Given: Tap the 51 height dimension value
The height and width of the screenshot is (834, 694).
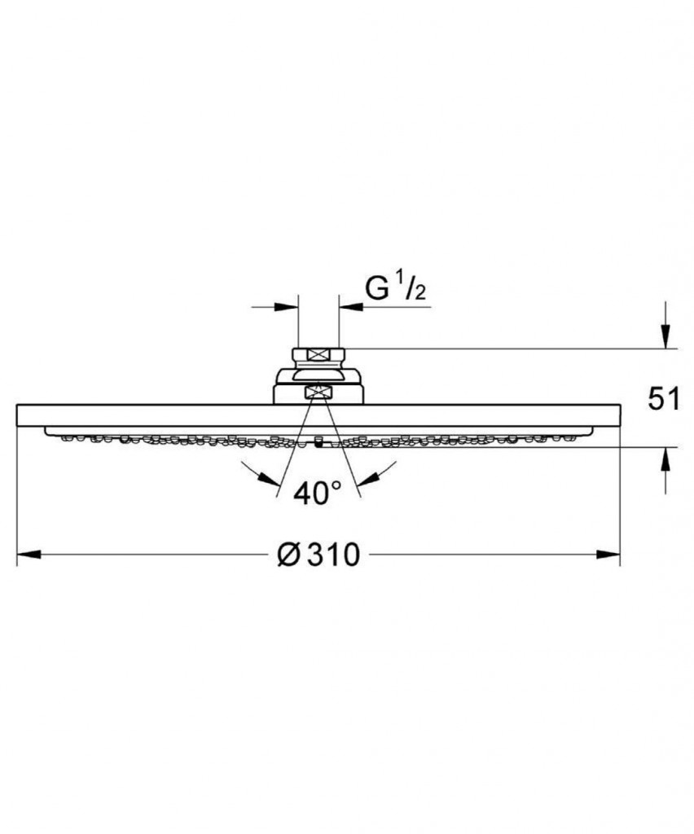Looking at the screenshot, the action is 664,399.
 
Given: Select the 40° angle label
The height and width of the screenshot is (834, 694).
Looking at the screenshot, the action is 317,494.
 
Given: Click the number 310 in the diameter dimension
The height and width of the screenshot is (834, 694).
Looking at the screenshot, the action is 333,555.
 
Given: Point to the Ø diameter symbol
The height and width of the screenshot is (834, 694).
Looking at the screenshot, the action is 289,555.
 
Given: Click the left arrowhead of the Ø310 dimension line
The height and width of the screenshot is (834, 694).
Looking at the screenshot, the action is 29,555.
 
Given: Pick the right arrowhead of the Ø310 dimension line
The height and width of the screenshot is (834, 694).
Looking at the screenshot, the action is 608,555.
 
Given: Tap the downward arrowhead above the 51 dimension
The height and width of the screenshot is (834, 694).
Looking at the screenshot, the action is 665,336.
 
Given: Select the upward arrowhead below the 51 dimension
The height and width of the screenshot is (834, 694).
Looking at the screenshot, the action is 665,459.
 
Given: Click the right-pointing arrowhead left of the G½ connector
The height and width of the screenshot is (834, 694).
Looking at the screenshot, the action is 286,307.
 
